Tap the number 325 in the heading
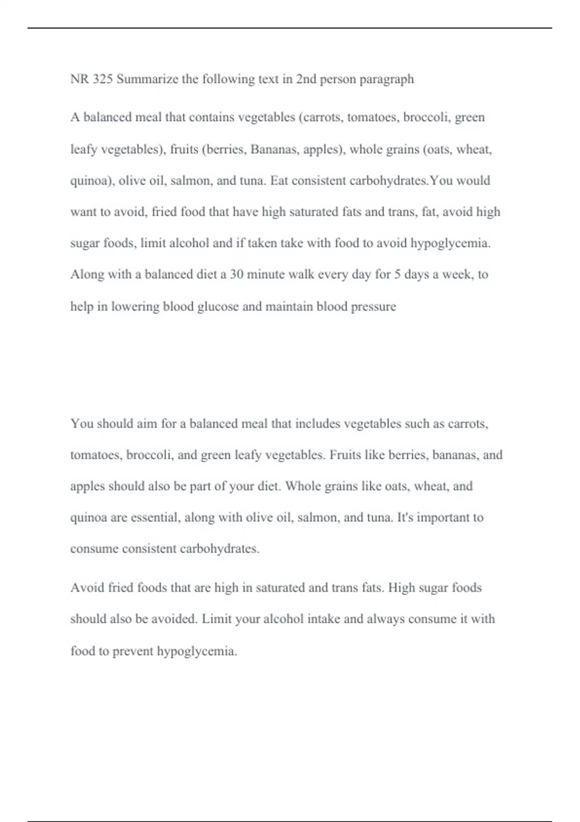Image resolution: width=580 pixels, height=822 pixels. coord(102,79)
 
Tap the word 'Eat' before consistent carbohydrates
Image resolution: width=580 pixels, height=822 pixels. coord(279,180)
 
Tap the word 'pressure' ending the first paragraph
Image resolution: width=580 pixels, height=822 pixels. coord(374,307)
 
